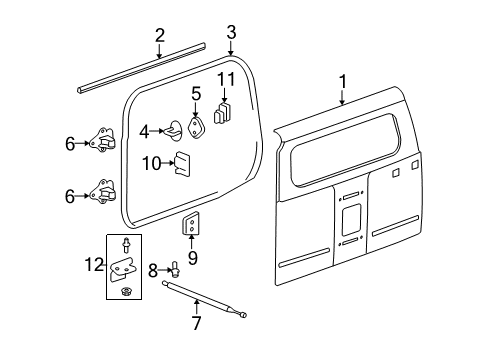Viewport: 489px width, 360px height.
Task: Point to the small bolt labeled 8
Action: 176,267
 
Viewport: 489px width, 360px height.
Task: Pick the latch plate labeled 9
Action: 191,226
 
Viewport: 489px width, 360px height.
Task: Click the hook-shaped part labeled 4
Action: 174,129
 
